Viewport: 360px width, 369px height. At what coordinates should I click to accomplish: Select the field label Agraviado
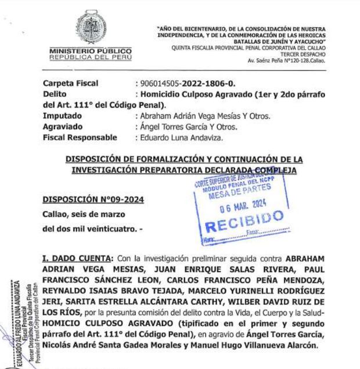(63, 127)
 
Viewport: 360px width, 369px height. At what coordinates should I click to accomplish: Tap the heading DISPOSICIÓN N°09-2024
(93, 200)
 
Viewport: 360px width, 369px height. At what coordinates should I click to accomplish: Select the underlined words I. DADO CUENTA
(77, 257)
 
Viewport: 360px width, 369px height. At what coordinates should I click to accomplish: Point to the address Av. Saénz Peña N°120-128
(286, 61)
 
